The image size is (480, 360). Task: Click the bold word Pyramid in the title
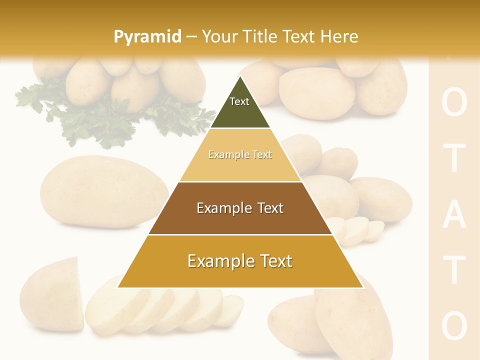(x=147, y=36)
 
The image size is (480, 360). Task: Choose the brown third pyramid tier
(x=240, y=208)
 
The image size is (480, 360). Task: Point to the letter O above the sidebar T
(x=454, y=103)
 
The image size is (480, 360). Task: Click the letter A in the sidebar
(x=454, y=215)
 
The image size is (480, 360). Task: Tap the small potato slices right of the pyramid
(x=357, y=230)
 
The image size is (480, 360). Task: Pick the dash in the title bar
(x=191, y=36)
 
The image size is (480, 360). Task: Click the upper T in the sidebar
(x=454, y=158)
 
